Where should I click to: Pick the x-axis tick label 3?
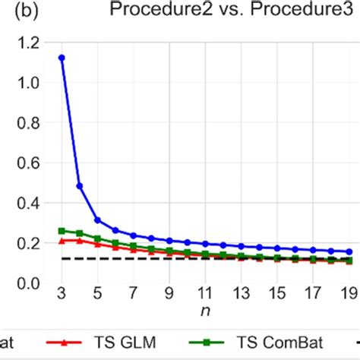pos(62,293)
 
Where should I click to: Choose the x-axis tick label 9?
pos(169,293)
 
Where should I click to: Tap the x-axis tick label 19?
pos(349,293)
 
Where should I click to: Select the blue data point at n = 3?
pos(62,58)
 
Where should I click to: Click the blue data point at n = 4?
pos(80,185)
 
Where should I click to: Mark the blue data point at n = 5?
pos(97,220)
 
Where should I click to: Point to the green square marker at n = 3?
pos(62,230)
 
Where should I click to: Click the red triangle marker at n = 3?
pos(62,241)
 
